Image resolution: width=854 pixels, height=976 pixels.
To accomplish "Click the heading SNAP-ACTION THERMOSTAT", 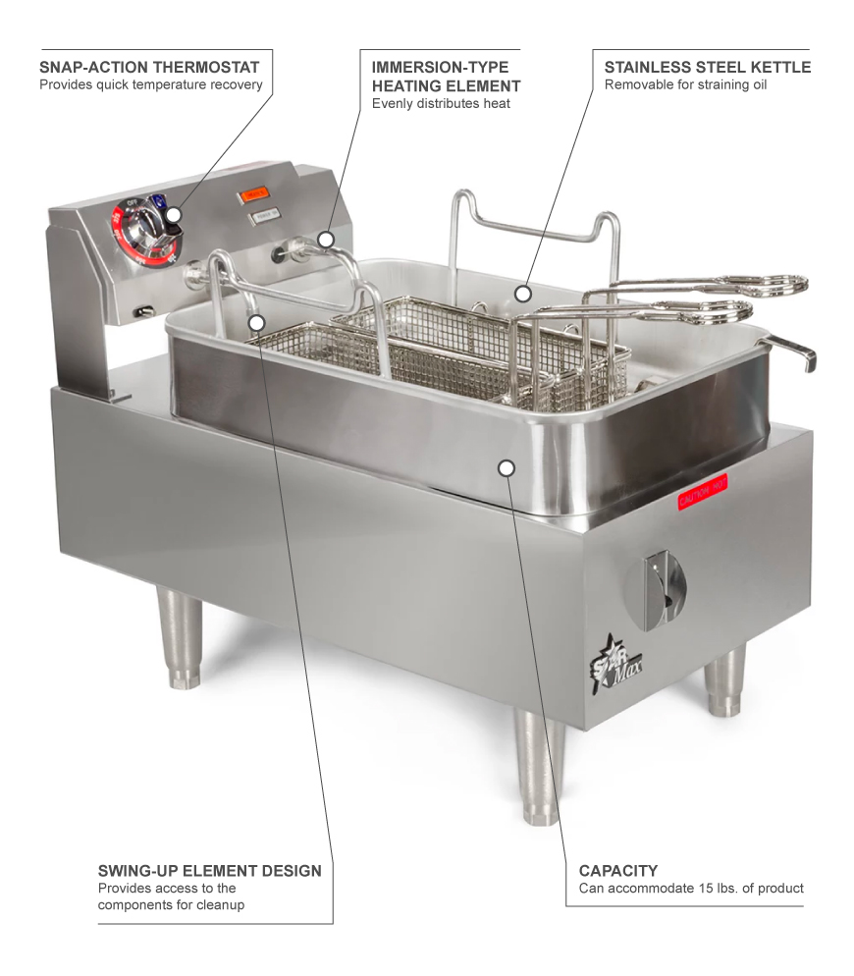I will pyautogui.click(x=149, y=67).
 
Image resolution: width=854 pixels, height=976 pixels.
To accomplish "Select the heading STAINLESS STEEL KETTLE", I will pyautogui.click(x=707, y=67).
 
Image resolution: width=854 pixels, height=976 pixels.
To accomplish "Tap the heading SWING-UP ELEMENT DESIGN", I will pyautogui.click(x=209, y=871).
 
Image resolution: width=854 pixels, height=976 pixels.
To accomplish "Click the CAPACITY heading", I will pyautogui.click(x=617, y=871).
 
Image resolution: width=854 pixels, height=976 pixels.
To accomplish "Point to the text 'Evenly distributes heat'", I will pyautogui.click(x=441, y=103).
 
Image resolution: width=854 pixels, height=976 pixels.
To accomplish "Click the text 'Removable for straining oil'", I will pyautogui.click(x=685, y=84).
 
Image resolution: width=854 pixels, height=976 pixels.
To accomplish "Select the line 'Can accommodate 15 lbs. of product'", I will pyautogui.click(x=691, y=889).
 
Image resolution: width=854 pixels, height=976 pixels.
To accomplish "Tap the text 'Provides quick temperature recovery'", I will pyautogui.click(x=150, y=84).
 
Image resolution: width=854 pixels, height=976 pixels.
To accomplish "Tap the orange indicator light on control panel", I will pyautogui.click(x=254, y=194).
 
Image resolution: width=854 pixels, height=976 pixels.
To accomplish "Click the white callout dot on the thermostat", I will pyautogui.click(x=174, y=214).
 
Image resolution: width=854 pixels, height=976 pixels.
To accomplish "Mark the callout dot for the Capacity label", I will pyautogui.click(x=506, y=468).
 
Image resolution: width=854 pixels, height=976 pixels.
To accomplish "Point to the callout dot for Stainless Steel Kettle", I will pyautogui.click(x=523, y=292).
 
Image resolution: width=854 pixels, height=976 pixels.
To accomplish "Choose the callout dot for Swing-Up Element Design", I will pyautogui.click(x=256, y=321).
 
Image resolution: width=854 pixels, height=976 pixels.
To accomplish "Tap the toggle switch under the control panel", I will pyautogui.click(x=144, y=311).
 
